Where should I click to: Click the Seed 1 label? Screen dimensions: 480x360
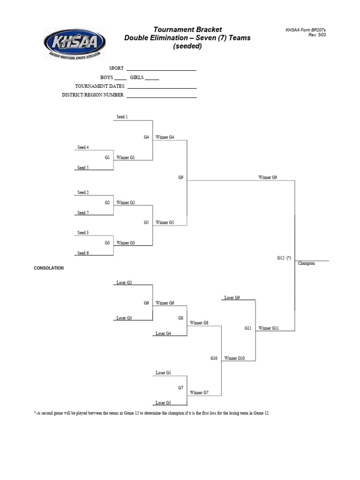click(x=122, y=117)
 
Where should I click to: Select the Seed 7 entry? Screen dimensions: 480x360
click(x=83, y=213)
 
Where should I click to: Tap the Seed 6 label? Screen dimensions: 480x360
click(x=83, y=253)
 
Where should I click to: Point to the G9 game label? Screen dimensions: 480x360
click(x=180, y=178)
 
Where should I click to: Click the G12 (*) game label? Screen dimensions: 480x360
click(x=284, y=258)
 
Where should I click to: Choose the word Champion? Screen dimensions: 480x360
click(x=307, y=263)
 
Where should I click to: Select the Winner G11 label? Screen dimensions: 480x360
click(x=269, y=329)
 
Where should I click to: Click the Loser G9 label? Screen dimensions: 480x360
click(x=232, y=298)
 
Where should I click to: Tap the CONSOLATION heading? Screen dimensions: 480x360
click(x=49, y=268)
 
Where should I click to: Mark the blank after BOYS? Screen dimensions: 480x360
click(x=120, y=79)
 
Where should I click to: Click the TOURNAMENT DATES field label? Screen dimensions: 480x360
click(x=100, y=86)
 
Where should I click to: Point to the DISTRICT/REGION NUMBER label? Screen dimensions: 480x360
click(x=93, y=95)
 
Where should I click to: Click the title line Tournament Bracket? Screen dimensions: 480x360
click(x=187, y=30)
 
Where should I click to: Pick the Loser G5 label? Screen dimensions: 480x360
click(x=163, y=403)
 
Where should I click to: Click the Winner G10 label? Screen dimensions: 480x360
click(x=234, y=359)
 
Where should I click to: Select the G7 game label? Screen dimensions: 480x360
click(x=180, y=388)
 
